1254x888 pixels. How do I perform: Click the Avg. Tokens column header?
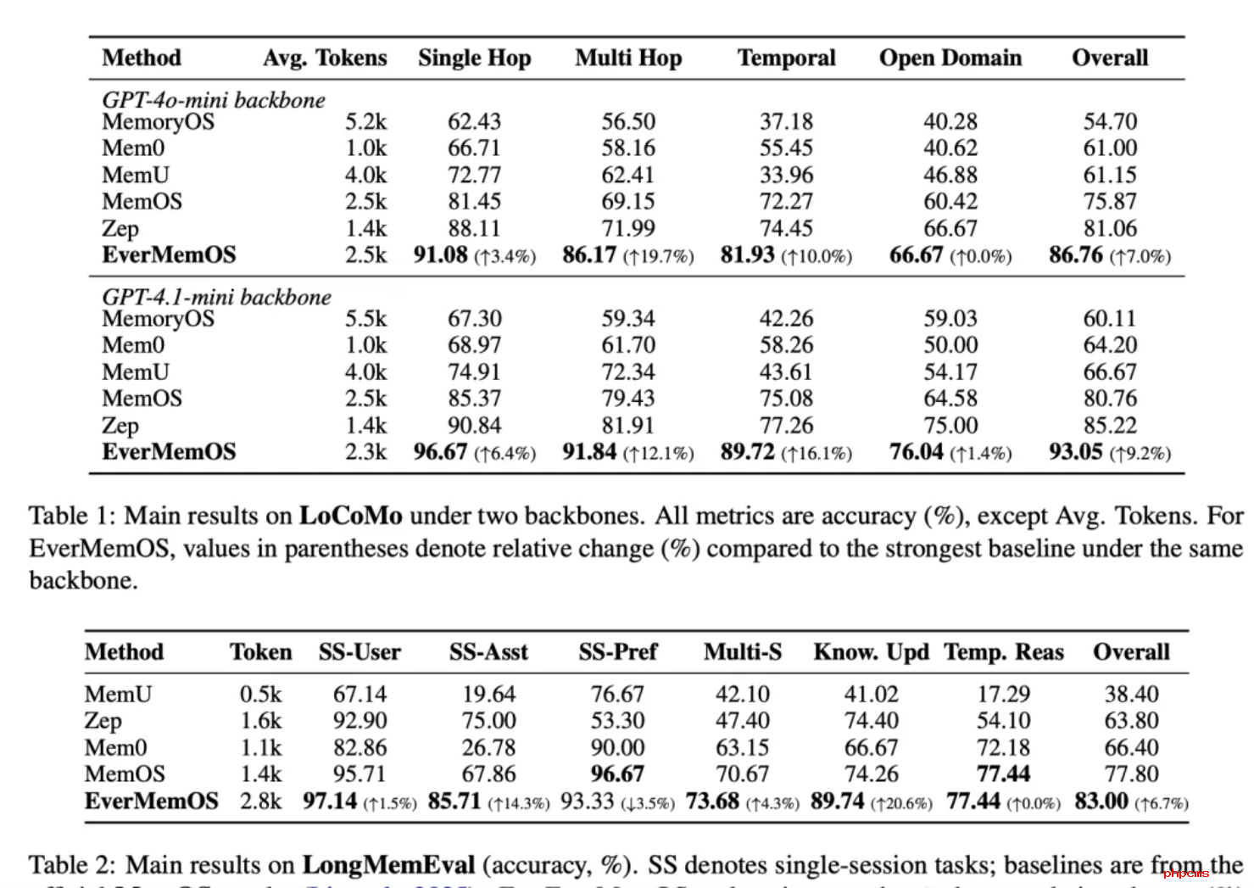325,58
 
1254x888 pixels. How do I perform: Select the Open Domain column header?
950,58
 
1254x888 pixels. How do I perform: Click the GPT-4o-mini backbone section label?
214,100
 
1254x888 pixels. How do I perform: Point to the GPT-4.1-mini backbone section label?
216,297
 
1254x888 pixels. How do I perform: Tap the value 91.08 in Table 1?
441,254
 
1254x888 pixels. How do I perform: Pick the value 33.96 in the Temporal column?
786,175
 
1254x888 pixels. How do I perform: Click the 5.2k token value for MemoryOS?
365,121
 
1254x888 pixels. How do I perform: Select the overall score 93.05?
1076,451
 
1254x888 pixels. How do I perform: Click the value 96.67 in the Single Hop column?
441,451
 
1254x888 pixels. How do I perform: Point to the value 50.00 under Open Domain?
950,345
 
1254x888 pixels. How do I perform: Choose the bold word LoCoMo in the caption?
350,516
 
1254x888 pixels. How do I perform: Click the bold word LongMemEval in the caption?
388,864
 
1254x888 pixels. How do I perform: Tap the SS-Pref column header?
618,651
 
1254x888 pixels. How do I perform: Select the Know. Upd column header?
871,651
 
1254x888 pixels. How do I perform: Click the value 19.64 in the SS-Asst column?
488,694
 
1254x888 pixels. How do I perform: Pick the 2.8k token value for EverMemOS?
260,801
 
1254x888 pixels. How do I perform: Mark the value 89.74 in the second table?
838,801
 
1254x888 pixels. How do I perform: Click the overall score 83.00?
1101,801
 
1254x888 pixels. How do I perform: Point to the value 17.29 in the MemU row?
1003,694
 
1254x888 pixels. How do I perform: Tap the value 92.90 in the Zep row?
359,720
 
